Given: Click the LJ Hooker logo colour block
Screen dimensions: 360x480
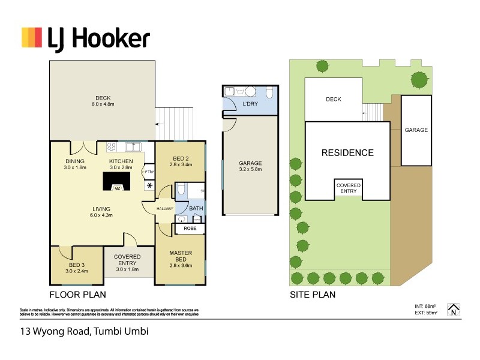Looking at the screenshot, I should pos(32,37).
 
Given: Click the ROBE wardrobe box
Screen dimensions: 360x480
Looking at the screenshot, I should pos(190,229).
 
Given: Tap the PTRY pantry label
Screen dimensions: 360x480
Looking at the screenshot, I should pos(149,173).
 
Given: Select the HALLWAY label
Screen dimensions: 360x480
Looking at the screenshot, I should pos(165,209).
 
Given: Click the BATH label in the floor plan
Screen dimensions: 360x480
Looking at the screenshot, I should pos(196,209).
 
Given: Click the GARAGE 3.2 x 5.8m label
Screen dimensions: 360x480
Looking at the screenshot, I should pos(250,166).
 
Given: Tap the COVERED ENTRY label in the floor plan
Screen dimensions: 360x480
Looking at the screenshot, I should pos(127,263).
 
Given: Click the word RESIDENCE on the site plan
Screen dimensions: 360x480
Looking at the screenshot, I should pos(347,152).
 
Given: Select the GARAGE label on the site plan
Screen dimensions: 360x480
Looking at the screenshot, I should pos(416,130).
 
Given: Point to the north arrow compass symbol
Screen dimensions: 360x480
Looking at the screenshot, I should pos(454,308).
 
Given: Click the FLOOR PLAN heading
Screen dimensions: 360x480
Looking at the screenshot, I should pos(77,295).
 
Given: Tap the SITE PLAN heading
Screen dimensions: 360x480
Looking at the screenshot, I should pos(312,295).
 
